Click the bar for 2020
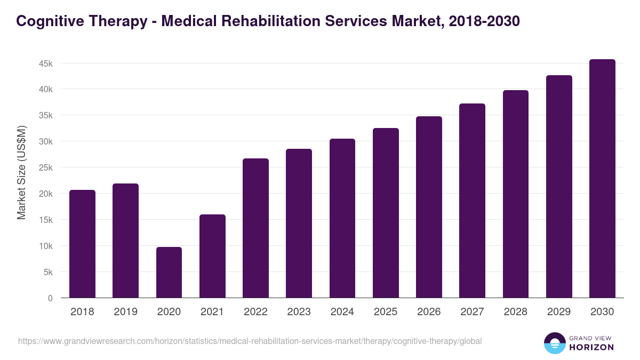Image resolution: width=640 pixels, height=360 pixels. click(169, 273)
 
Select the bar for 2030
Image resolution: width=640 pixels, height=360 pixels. click(602, 179)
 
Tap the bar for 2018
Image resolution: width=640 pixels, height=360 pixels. click(82, 244)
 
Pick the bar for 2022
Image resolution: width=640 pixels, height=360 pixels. click(255, 228)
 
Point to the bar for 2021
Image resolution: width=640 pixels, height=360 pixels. click(212, 256)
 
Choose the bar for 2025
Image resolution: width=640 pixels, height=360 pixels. click(386, 213)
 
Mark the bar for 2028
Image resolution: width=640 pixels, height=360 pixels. click(516, 194)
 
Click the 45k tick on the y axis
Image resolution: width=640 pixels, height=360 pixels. click(45, 63)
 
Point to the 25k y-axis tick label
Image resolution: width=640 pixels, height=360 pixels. click(45, 167)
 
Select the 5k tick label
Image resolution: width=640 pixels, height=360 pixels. click(47, 272)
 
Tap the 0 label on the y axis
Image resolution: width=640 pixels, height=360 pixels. click(50, 298)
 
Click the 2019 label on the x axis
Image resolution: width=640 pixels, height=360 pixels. click(125, 312)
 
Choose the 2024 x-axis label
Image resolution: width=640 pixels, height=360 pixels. click(342, 312)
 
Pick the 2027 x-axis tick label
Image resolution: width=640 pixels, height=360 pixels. click(472, 312)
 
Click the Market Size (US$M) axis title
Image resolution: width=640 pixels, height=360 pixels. click(21, 172)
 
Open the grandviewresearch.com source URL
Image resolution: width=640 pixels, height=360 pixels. click(250, 341)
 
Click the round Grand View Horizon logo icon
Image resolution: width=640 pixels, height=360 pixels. click(554, 343)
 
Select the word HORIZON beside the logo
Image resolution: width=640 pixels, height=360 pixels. click(591, 347)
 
